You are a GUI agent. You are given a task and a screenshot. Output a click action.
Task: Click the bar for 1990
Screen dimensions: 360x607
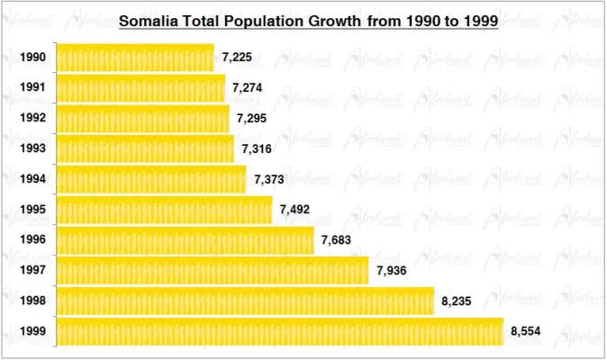click(x=135, y=58)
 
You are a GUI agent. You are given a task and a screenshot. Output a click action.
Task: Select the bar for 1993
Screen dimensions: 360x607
click(x=145, y=148)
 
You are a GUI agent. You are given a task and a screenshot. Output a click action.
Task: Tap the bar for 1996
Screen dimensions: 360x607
click(x=186, y=240)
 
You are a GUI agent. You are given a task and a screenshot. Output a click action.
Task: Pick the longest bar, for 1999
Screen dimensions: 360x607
click(x=280, y=331)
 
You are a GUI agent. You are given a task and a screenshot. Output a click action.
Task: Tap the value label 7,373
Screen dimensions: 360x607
click(x=269, y=179)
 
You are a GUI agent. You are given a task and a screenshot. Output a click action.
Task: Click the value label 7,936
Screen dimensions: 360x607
click(x=392, y=271)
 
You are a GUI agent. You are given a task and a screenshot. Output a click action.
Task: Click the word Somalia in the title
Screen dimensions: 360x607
click(x=149, y=21)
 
